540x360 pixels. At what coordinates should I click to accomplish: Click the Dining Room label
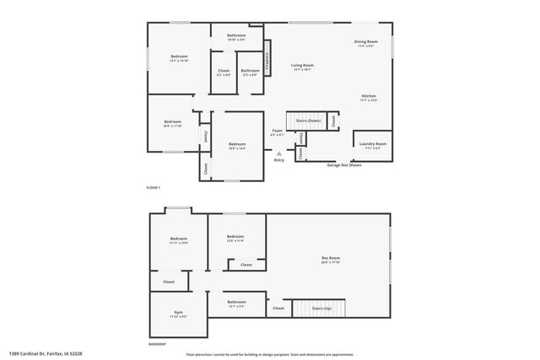(365, 41)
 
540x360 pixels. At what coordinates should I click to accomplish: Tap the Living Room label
(303, 65)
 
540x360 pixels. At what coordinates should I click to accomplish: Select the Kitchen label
(369, 96)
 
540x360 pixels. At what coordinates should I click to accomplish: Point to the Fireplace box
(267, 62)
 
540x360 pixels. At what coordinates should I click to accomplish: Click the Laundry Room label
(372, 143)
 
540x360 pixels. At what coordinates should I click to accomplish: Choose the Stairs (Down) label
(308, 121)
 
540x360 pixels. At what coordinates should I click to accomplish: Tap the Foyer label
(277, 131)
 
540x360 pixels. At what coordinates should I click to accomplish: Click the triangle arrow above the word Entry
(279, 153)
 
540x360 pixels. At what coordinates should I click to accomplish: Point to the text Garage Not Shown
(344, 165)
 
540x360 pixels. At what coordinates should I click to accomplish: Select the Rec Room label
(331, 257)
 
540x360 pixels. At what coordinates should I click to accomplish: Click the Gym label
(178, 312)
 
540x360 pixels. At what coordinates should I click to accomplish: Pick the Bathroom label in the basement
(236, 302)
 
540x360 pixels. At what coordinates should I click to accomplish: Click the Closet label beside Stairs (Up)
(278, 309)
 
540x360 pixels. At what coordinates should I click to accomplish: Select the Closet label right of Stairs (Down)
(335, 121)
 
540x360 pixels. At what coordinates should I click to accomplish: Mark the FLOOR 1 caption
(153, 186)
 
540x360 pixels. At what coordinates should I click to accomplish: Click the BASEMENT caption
(156, 343)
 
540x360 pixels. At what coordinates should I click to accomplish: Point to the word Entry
(279, 159)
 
